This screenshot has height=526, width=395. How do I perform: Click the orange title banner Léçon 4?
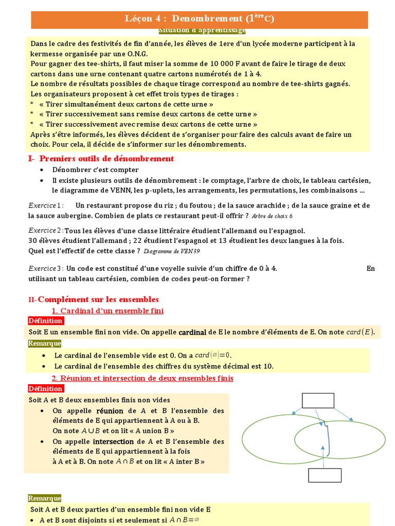[x=200, y=19]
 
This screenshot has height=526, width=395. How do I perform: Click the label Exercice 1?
[x=45, y=205]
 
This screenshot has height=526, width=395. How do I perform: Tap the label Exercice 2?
[x=46, y=231]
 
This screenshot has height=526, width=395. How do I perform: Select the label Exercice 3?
[x=46, y=269]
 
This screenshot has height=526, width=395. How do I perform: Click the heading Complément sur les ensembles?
[x=98, y=299]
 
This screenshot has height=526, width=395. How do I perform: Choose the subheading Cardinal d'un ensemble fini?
[x=108, y=311]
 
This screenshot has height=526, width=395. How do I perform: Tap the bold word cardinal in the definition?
[x=192, y=332]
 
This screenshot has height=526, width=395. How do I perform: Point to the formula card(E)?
[x=360, y=332]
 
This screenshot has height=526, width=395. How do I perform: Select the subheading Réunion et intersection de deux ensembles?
[x=143, y=379]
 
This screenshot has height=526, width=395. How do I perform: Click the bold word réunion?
[x=110, y=411]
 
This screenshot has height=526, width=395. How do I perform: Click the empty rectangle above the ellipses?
[x=318, y=401]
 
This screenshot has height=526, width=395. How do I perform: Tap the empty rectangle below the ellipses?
[x=325, y=475]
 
